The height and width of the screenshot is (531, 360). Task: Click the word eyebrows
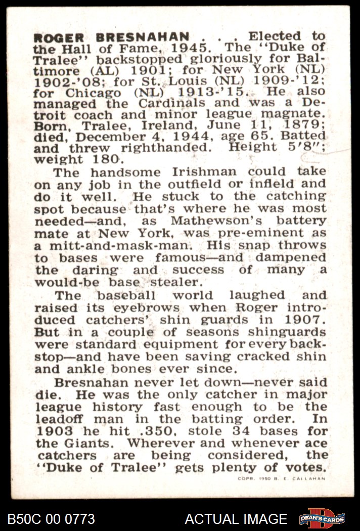(150, 308)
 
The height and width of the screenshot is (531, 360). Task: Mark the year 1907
(304, 320)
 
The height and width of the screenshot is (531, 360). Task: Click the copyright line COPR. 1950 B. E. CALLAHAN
(281, 478)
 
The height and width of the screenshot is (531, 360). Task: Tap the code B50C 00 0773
(51, 519)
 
